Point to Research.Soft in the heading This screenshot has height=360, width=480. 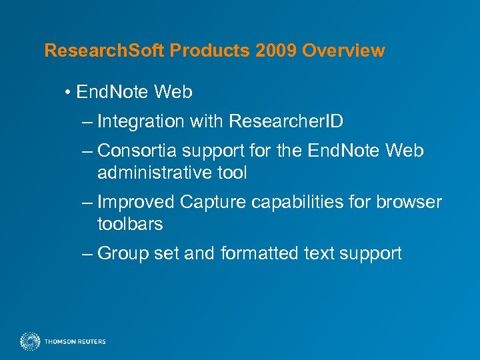pyautogui.click(x=105, y=51)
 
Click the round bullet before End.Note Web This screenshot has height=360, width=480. pyautogui.click(x=69, y=93)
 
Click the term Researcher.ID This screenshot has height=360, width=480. pyautogui.click(x=286, y=121)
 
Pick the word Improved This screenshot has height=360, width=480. pyautogui.click(x=136, y=202)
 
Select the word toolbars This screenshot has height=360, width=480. pyautogui.click(x=130, y=223)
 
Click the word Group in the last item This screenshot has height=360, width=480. pyautogui.click(x=124, y=253)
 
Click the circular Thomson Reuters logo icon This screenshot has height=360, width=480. pyautogui.click(x=30, y=341)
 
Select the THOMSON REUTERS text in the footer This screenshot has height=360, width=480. pyautogui.click(x=75, y=342)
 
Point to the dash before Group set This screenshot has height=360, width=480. pyautogui.click(x=89, y=253)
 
